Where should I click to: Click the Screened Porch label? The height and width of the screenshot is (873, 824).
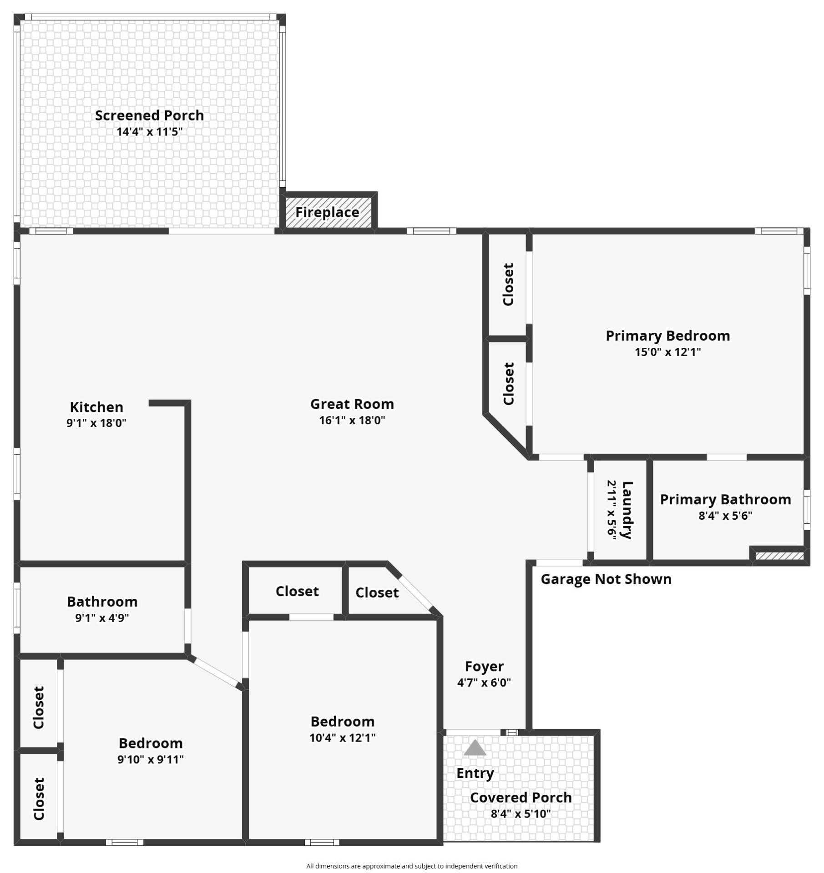click(x=149, y=115)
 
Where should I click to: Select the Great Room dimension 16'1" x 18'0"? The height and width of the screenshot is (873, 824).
click(x=352, y=420)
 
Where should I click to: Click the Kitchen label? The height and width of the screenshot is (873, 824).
click(x=96, y=407)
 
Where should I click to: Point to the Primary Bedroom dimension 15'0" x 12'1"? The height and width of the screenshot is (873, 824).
click(x=668, y=352)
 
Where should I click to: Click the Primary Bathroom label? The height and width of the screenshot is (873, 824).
click(x=725, y=499)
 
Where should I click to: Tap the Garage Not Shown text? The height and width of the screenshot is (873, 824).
click(x=606, y=579)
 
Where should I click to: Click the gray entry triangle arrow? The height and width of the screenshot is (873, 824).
click(x=475, y=748)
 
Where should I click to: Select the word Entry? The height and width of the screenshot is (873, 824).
click(x=475, y=773)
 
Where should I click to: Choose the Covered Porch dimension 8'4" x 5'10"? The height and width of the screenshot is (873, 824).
click(x=521, y=813)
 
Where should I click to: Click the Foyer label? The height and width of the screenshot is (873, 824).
click(x=484, y=666)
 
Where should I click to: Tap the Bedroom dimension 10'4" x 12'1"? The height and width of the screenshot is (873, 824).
click(x=343, y=738)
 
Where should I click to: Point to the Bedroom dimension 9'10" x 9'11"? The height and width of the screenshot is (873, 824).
click(x=151, y=759)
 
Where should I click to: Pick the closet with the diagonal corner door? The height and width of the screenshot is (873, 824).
click(x=382, y=592)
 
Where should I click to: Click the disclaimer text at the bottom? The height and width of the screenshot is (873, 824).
click(x=412, y=866)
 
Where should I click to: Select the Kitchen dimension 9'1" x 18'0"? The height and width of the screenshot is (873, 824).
click(x=96, y=423)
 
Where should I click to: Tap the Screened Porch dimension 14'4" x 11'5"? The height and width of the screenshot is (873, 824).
click(x=149, y=132)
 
